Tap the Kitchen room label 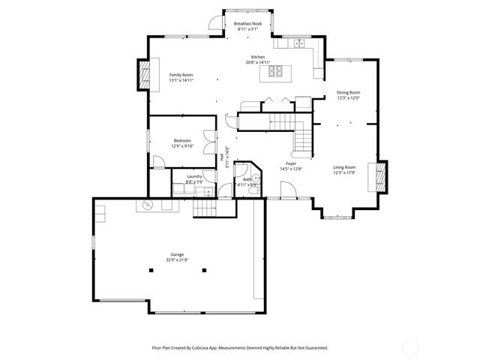coord(257,60)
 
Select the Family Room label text coord(181,77)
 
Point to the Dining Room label coord(348,95)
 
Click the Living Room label coord(344,169)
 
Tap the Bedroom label coord(182,143)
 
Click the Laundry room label coord(194,178)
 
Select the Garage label coord(177,257)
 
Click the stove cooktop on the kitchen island coord(274,72)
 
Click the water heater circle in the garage coord(148,205)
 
